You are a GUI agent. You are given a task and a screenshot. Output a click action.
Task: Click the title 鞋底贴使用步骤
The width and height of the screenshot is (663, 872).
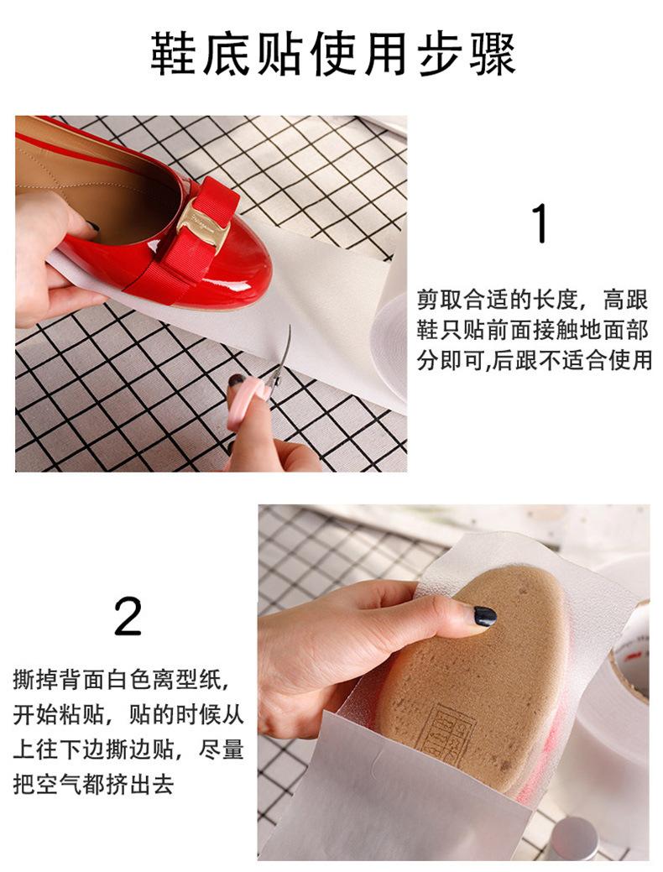[333, 54]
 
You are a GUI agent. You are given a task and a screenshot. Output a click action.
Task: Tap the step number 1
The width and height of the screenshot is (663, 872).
[540, 223]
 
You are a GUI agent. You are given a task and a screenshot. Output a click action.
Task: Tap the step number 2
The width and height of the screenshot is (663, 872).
[128, 616]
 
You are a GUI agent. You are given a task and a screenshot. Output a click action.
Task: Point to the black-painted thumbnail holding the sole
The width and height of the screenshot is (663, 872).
[484, 616]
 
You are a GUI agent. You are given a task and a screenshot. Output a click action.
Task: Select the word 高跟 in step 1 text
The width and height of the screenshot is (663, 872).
[626, 300]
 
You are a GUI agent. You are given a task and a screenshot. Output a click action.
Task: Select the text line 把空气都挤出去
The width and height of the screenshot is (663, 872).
[93, 784]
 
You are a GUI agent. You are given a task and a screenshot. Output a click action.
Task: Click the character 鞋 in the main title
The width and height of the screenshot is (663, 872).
[173, 54]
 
